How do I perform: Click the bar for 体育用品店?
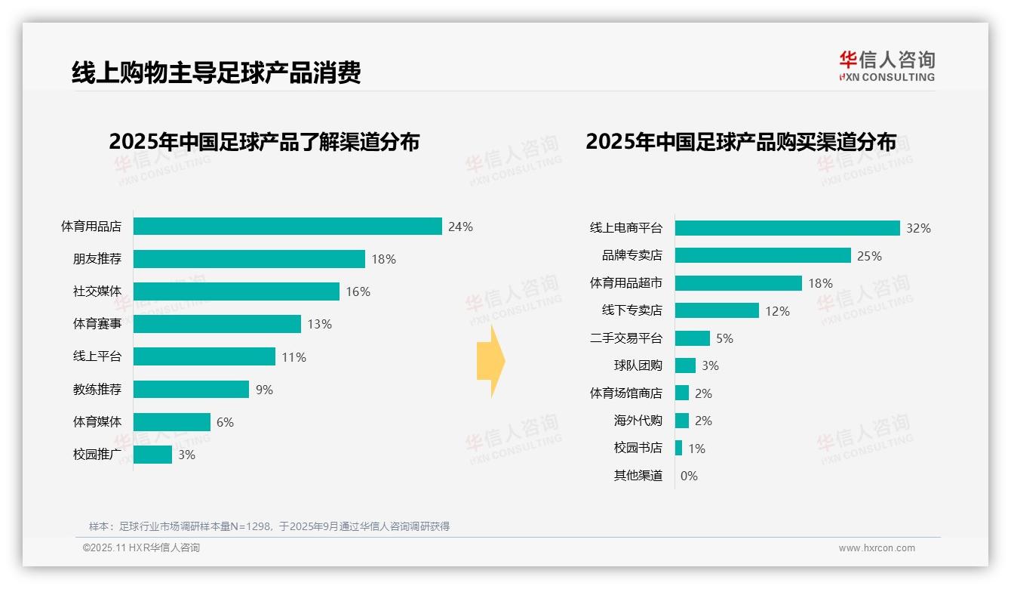[287, 227]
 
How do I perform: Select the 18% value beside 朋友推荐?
[383, 259]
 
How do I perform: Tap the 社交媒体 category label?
[97, 291]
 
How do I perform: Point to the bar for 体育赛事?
[217, 324]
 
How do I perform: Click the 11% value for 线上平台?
[293, 357]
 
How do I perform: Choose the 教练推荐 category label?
[97, 390]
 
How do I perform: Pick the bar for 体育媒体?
[172, 422]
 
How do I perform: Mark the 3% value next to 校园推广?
[186, 455]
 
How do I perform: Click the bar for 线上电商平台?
[787, 228]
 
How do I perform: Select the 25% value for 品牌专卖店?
[869, 256]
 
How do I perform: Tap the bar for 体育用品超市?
[738, 283]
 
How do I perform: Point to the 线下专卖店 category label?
[631, 310]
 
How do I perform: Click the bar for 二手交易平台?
[693, 338]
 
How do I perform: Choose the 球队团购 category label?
[638, 365]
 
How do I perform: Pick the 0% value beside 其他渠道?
[689, 476]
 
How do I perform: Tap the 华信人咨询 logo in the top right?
[887, 66]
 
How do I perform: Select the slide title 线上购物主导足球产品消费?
[217, 72]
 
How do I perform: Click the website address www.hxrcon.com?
[876, 548]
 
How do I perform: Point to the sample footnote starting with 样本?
[269, 526]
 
